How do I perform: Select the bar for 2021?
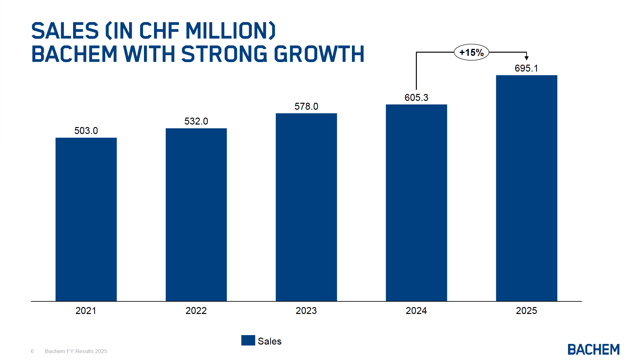(x=86, y=219)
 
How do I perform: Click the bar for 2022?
(x=196, y=215)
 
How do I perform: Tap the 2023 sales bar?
(x=306, y=207)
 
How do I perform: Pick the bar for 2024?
(x=416, y=203)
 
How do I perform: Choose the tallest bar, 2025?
(x=526, y=188)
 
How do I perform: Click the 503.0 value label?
(x=86, y=131)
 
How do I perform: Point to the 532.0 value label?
(x=196, y=121)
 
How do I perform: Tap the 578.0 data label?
(x=306, y=106)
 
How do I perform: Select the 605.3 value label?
(x=416, y=97)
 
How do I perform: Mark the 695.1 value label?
(x=526, y=68)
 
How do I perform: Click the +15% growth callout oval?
(x=471, y=52)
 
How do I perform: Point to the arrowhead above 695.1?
(x=526, y=58)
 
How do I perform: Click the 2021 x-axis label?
(x=86, y=311)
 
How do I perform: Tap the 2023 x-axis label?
(x=306, y=311)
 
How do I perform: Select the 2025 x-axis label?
(x=526, y=311)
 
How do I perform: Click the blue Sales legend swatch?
(x=248, y=340)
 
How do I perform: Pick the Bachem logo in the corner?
(x=593, y=349)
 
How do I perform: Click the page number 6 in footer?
(x=32, y=351)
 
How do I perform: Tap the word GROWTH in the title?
(x=319, y=54)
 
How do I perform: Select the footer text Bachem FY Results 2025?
(x=76, y=351)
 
